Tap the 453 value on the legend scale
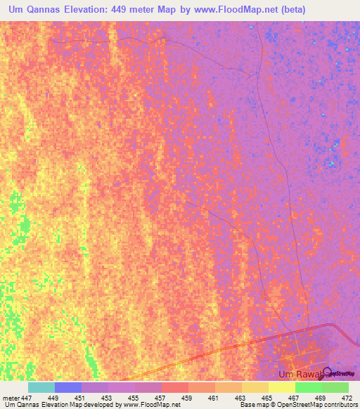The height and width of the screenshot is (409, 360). click(108, 398)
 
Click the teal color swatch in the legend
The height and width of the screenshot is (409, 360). click(41, 387)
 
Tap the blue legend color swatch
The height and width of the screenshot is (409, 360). click(68, 387)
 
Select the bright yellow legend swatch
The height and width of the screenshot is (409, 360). click(282, 387)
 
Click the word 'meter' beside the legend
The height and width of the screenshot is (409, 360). click(11, 398)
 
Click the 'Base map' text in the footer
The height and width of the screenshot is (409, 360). click(251, 405)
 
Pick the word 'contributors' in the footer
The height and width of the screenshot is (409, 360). click(340, 405)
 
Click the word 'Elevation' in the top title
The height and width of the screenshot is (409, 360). click(93, 11)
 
